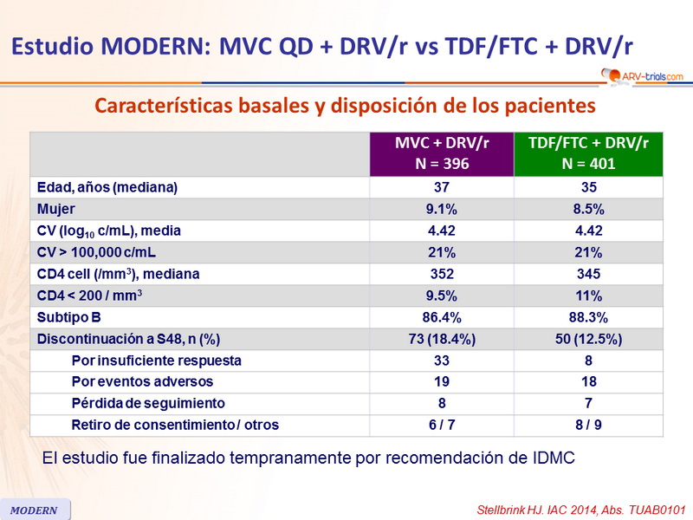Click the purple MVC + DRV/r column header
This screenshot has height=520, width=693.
(x=441, y=154)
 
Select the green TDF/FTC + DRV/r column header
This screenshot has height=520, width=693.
(x=588, y=154)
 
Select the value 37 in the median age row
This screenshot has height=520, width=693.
(x=441, y=187)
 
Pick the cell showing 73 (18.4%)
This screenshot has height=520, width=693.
(x=441, y=339)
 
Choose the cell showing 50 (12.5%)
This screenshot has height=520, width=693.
(x=588, y=339)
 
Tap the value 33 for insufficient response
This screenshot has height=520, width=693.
(x=441, y=361)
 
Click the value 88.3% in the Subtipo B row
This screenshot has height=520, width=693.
(x=588, y=317)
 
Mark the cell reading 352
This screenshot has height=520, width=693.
(x=441, y=274)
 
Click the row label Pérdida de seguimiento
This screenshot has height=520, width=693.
(x=148, y=403)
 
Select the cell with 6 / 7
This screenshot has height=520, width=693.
(x=441, y=425)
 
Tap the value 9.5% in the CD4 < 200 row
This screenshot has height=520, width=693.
(x=441, y=296)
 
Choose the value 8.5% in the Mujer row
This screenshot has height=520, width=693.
(x=588, y=209)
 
